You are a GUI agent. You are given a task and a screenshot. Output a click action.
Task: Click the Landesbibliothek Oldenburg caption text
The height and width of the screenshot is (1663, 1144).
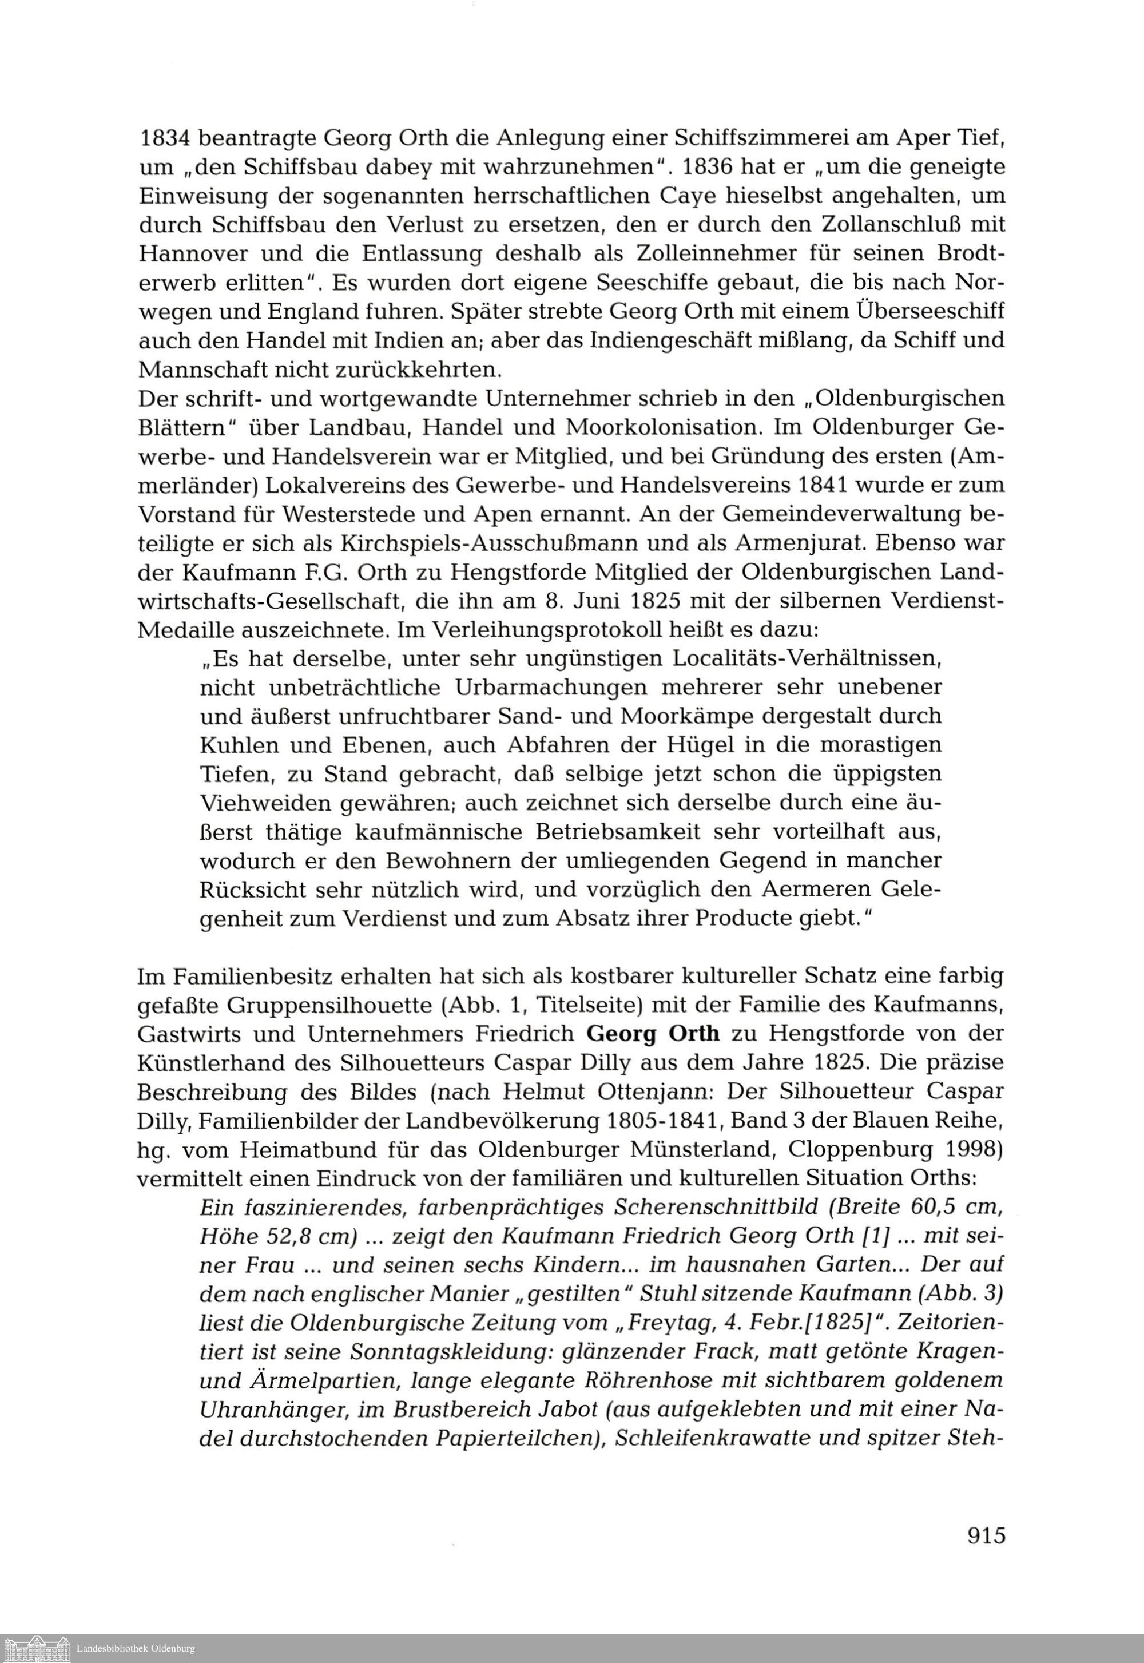136,1649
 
